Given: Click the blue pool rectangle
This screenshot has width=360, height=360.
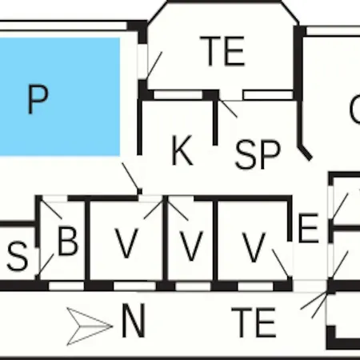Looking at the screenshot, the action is [x=59, y=97].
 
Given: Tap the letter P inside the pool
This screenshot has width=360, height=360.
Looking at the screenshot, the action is [x=38, y=100].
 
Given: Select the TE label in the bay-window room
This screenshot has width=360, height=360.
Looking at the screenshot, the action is [x=222, y=51].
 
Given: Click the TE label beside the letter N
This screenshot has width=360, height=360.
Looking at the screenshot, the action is [x=254, y=322].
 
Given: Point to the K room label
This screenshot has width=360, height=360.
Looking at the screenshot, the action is [x=182, y=150].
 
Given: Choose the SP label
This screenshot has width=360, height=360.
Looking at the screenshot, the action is [x=258, y=154].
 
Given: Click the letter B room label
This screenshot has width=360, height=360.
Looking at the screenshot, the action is [x=68, y=241].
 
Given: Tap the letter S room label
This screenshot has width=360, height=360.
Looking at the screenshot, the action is [x=18, y=256].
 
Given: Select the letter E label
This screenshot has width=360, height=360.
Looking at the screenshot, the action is [x=309, y=228].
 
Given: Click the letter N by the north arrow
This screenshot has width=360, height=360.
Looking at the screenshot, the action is [x=134, y=320].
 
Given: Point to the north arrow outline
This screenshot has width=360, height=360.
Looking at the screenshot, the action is [x=90, y=326].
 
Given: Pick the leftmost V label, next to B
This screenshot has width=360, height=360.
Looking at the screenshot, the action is [x=126, y=243].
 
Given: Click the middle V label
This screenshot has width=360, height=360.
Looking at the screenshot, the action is [x=191, y=246].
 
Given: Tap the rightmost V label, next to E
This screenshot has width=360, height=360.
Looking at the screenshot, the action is [x=254, y=247].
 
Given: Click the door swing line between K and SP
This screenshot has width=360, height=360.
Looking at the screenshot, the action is [x=227, y=108].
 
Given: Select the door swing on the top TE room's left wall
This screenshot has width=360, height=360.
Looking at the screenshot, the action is [x=154, y=65].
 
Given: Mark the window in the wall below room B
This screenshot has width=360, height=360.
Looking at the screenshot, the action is [x=66, y=286].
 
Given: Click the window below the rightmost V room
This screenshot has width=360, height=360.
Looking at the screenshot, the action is [x=255, y=286].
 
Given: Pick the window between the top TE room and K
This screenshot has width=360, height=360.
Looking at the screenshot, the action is [x=178, y=94].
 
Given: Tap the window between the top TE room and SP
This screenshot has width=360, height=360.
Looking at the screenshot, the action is [x=268, y=95].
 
